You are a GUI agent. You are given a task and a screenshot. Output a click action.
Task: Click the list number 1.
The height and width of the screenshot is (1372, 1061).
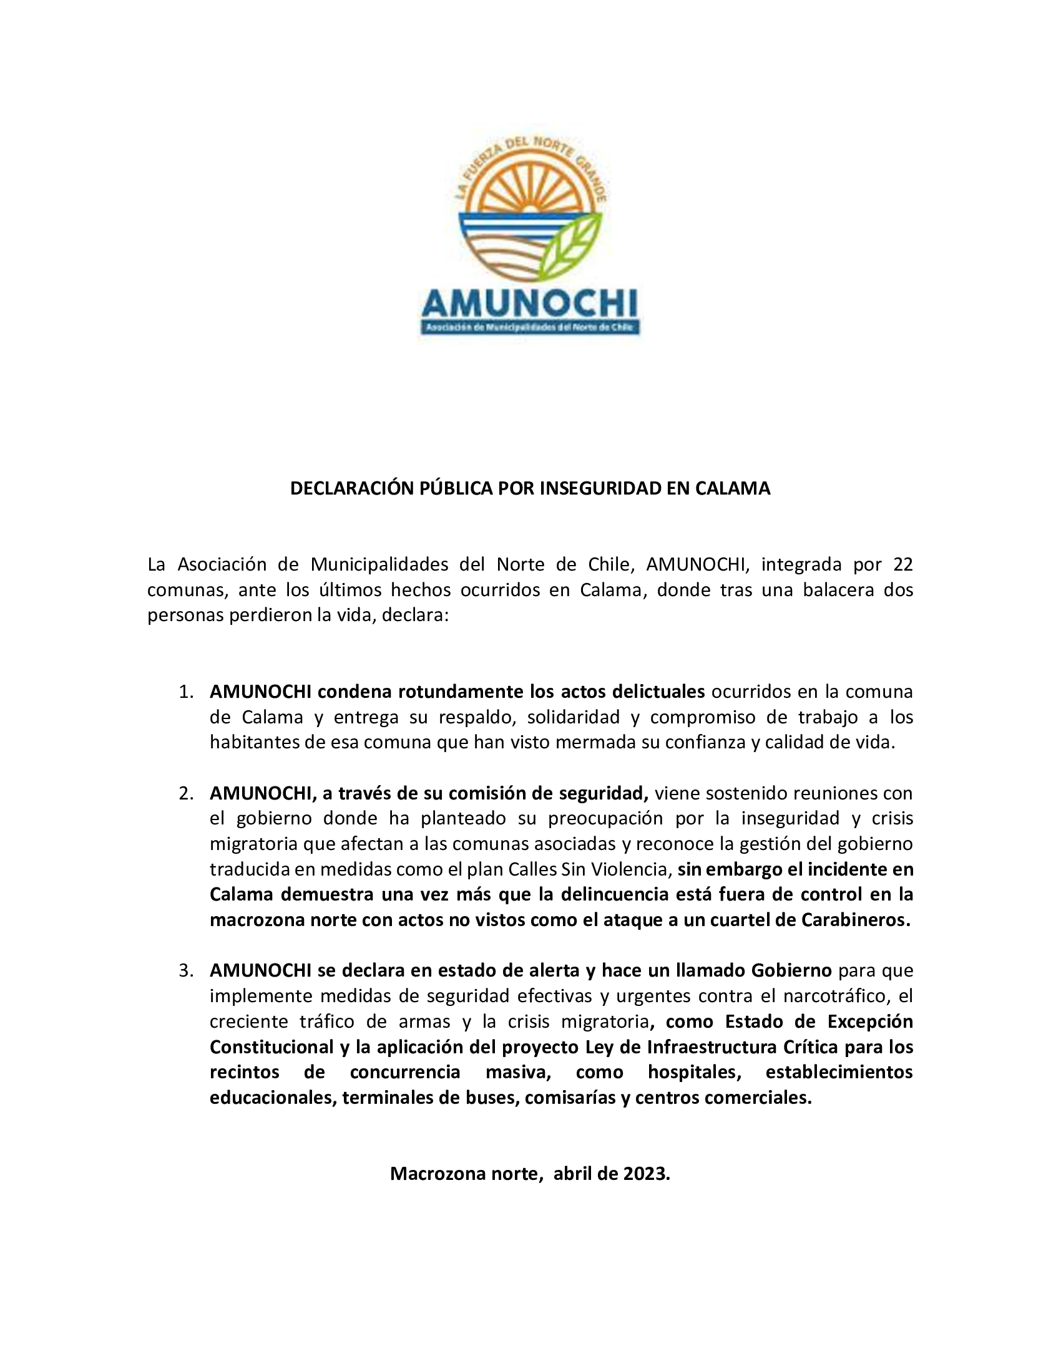point(185,692)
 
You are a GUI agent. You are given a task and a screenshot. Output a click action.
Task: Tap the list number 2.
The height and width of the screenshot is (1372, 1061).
point(185,794)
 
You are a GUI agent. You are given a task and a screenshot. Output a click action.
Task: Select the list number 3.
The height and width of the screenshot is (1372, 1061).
point(185,971)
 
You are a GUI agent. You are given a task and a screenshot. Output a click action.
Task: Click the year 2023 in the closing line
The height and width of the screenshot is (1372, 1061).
point(646,1174)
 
